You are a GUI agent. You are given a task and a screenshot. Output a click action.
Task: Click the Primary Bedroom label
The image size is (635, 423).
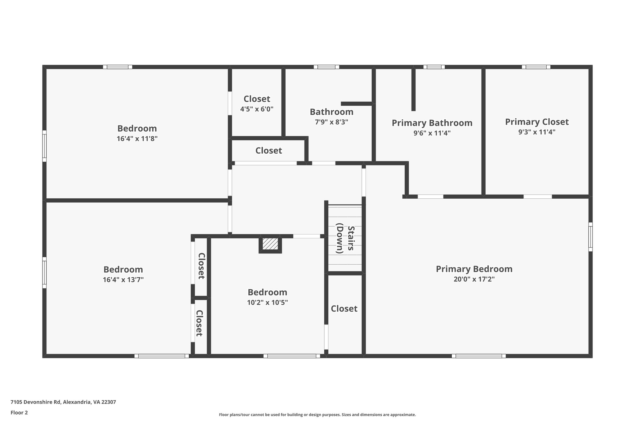pyautogui.click(x=474, y=269)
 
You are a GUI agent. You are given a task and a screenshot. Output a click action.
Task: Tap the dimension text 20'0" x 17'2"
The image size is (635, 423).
pyautogui.click(x=474, y=279)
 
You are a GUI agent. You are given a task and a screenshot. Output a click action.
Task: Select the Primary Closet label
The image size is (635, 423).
pyautogui.click(x=537, y=122)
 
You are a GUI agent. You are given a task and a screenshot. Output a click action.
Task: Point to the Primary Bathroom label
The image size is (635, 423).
pyautogui.click(x=432, y=123)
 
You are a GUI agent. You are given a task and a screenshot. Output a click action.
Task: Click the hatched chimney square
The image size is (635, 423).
pyautogui.click(x=270, y=244)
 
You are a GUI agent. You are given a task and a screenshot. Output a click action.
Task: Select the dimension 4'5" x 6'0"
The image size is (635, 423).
pyautogui.click(x=257, y=109)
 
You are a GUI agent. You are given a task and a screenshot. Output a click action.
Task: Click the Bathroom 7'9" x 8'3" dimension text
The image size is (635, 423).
pyautogui.click(x=331, y=122)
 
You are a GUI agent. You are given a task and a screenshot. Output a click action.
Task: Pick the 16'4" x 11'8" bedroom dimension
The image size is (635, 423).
pyautogui.click(x=137, y=139)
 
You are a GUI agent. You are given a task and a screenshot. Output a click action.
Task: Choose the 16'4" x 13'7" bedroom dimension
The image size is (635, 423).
pyautogui.click(x=123, y=280)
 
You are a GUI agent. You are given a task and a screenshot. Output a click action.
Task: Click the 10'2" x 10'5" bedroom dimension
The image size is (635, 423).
pyautogui.click(x=267, y=302)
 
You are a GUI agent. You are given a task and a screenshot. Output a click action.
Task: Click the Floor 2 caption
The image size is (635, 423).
pyautogui.click(x=19, y=412)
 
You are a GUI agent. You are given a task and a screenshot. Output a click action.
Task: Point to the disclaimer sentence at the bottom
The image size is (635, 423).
pyautogui.click(x=317, y=415)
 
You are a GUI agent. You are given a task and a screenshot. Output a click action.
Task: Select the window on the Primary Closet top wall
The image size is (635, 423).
pyautogui.click(x=536, y=67)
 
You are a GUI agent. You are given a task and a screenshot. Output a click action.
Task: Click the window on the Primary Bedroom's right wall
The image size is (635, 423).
pyautogui.click(x=590, y=237)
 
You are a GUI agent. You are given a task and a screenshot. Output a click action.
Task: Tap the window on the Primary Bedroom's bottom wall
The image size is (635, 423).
pyautogui.click(x=478, y=356)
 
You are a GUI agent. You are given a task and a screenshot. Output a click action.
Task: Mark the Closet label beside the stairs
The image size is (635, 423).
pyautogui.click(x=344, y=309)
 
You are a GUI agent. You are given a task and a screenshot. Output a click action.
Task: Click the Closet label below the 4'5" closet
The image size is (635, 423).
pyautogui.click(x=269, y=151)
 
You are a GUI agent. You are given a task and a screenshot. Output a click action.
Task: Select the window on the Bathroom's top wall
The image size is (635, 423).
pyautogui.click(x=326, y=67)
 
